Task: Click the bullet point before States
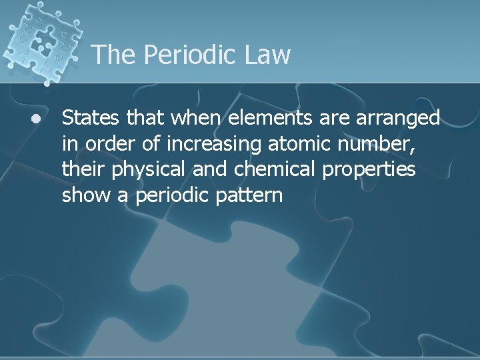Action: click(x=35, y=119)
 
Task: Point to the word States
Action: click(x=89, y=118)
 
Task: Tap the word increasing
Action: click(x=203, y=144)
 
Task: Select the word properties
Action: click(x=369, y=171)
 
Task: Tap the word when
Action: click(x=196, y=118)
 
